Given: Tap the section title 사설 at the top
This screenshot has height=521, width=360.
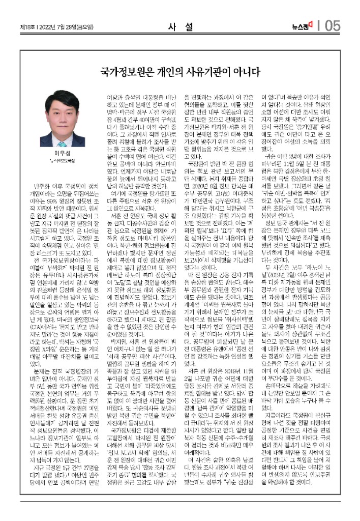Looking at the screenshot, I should (x=179, y=27).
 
